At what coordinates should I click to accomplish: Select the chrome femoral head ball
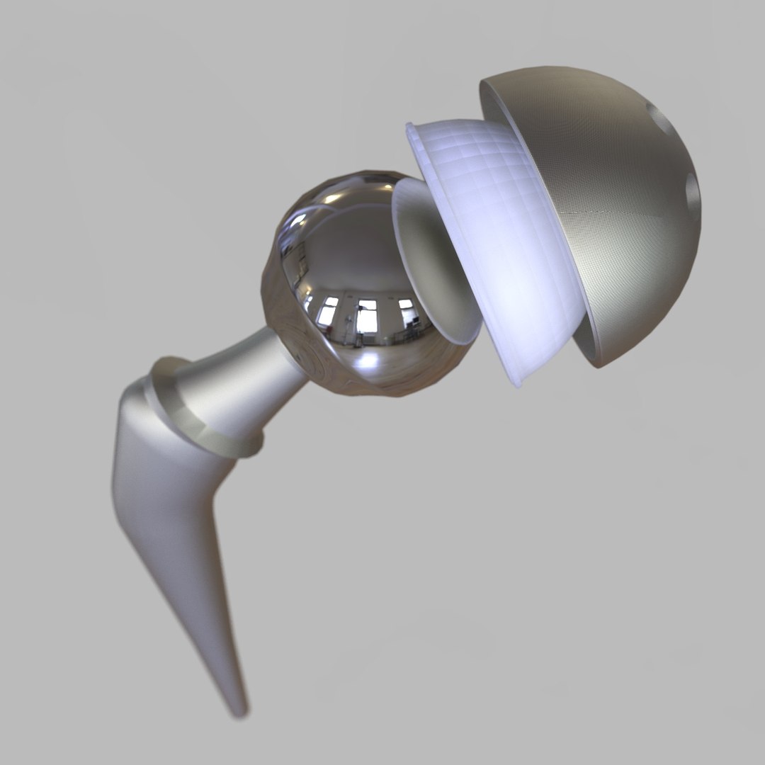tap(333, 262)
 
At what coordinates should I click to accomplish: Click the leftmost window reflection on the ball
tap(327, 312)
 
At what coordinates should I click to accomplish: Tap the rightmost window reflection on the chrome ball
tap(406, 312)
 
